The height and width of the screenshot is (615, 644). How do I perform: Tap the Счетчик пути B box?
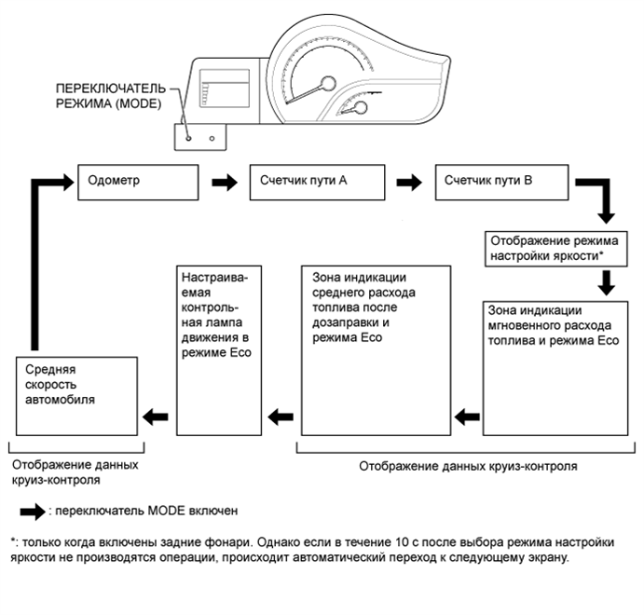pyautogui.click(x=500, y=182)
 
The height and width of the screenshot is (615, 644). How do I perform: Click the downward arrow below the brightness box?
pyautogui.click(x=607, y=281)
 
